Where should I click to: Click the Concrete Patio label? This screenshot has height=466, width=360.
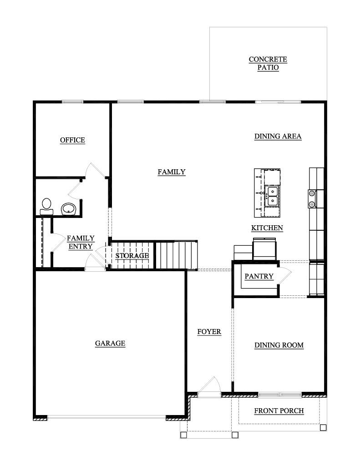[268, 63]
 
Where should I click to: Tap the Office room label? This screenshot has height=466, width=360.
[72, 140]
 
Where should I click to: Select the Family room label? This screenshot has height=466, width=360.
[172, 172]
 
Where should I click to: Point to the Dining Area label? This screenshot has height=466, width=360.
[278, 136]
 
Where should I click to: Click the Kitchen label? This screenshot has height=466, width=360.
[267, 228]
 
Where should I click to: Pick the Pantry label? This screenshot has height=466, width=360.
[259, 276]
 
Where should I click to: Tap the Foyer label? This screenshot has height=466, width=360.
[209, 332]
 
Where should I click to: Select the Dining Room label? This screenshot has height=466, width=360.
[279, 345]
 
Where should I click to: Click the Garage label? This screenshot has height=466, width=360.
[110, 344]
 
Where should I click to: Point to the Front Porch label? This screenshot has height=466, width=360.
[279, 411]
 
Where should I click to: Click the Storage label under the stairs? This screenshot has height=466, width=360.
[132, 256]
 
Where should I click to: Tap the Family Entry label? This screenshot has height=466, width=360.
[81, 242]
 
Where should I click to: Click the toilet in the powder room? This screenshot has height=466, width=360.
[46, 206]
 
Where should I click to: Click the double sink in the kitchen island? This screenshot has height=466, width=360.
[272, 195]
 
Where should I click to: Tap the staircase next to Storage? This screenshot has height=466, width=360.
[177, 255]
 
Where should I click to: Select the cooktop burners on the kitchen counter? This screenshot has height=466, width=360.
[312, 199]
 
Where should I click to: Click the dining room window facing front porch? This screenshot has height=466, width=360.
[279, 394]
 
